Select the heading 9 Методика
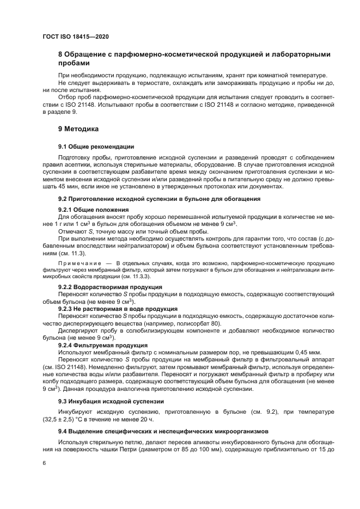(78, 130)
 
